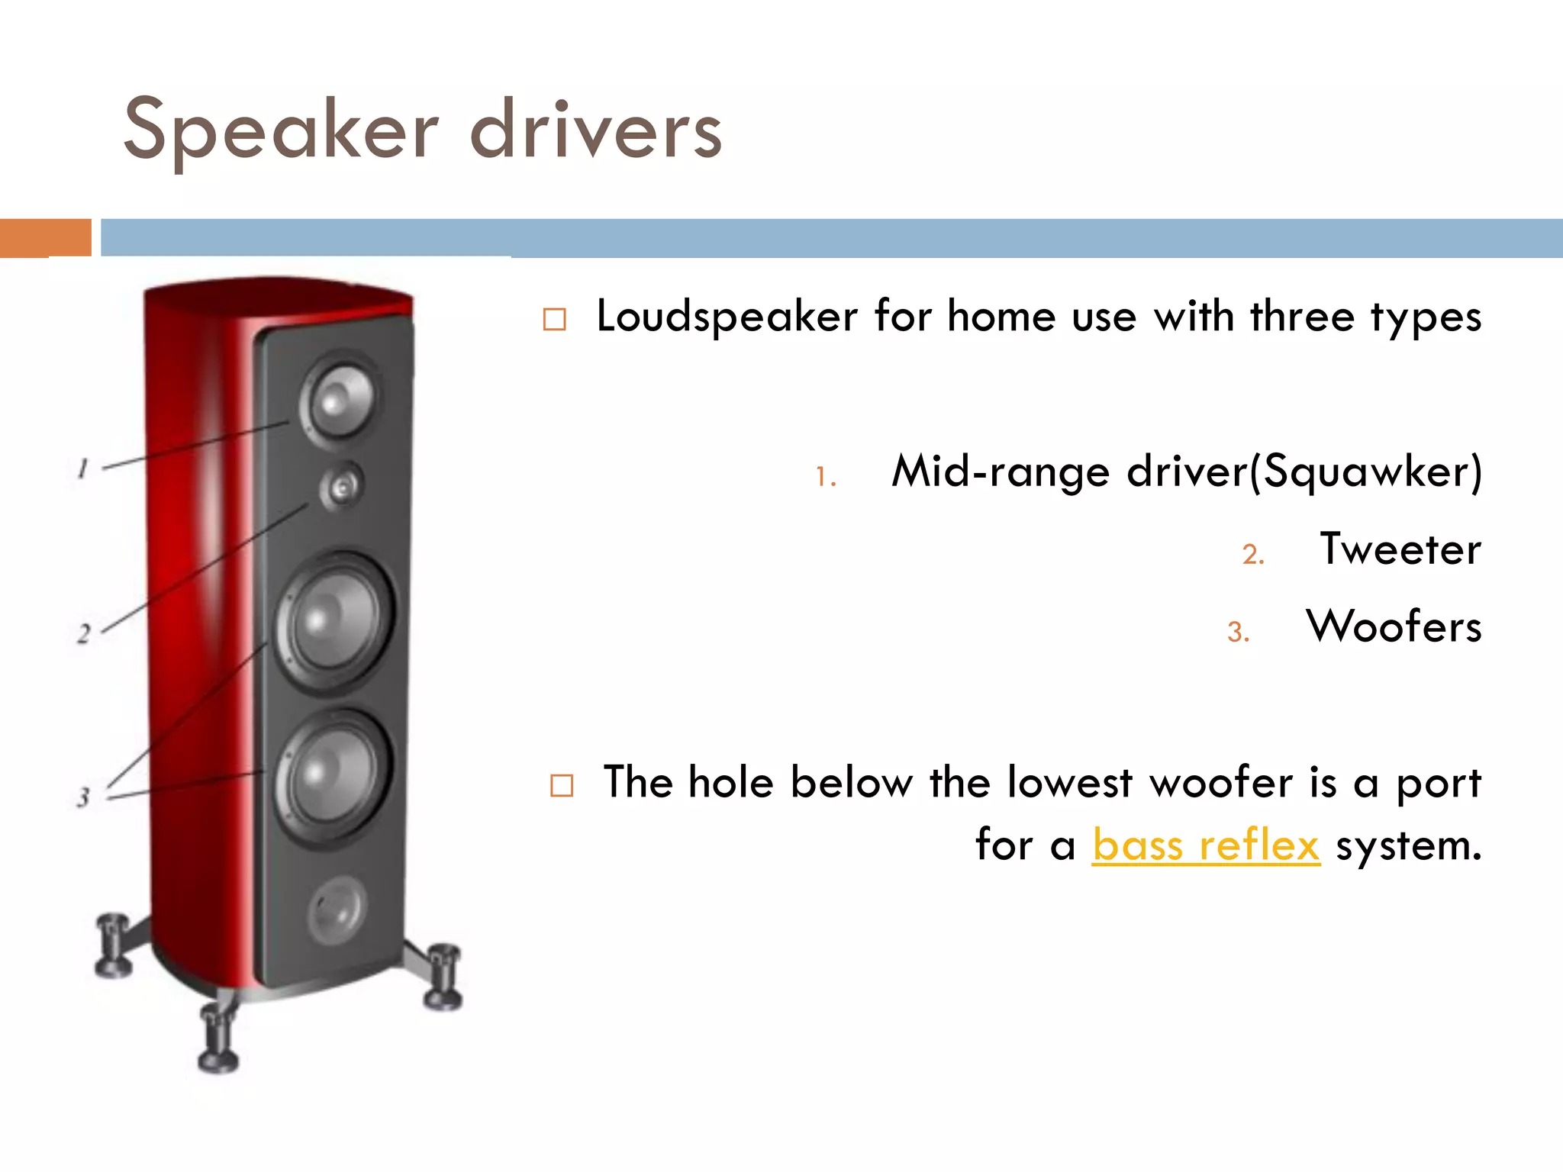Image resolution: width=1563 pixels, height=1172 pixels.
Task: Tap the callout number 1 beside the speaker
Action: [x=83, y=468]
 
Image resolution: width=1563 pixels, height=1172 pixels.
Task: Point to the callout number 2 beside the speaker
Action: [x=84, y=633]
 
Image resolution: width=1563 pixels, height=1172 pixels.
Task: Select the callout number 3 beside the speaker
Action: [x=83, y=797]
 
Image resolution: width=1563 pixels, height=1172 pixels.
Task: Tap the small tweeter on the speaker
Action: [x=342, y=486]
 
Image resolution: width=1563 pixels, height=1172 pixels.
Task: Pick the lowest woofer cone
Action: [x=333, y=777]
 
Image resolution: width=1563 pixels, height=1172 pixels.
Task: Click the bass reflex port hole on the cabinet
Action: [x=337, y=910]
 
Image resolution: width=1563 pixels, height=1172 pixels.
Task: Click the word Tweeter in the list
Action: [x=1400, y=549]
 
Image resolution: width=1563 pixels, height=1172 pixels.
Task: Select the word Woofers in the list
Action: [x=1394, y=627]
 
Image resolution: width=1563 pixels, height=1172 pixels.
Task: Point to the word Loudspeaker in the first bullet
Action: [x=727, y=317]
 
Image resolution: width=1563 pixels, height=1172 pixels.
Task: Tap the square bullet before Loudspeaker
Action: [x=555, y=319]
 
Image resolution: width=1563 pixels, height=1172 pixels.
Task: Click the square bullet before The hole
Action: [x=562, y=785]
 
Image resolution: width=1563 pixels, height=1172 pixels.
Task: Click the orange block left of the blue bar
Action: [x=46, y=237]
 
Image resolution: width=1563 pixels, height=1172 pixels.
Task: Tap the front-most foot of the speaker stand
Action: [x=218, y=1042]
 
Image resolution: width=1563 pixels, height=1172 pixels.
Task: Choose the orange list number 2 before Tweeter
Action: [x=1252, y=555]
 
